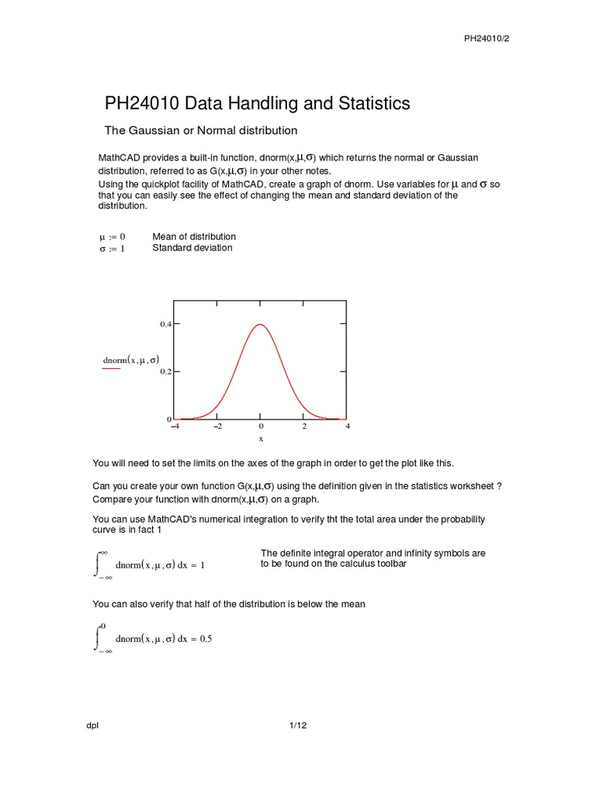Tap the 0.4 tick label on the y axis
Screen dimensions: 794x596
tap(165, 324)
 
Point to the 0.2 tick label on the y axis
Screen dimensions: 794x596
tap(165, 372)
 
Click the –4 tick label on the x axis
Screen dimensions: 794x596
tap(174, 426)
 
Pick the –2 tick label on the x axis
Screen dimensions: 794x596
tap(217, 426)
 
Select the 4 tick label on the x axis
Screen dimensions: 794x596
tap(348, 426)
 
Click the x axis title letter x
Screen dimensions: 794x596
tap(261, 438)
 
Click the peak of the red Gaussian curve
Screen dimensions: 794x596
tap(261, 325)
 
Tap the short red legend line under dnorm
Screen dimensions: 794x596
tap(112, 369)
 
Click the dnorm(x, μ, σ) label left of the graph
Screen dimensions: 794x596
tap(131, 360)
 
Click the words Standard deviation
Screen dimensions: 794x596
tap(192, 248)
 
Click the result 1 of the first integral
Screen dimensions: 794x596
tap(203, 565)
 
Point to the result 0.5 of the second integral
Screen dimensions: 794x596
tap(206, 639)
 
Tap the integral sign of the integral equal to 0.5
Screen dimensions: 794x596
tap(98, 637)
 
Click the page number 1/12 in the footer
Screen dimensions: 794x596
tap(298, 726)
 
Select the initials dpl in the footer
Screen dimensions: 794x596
tap(92, 726)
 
